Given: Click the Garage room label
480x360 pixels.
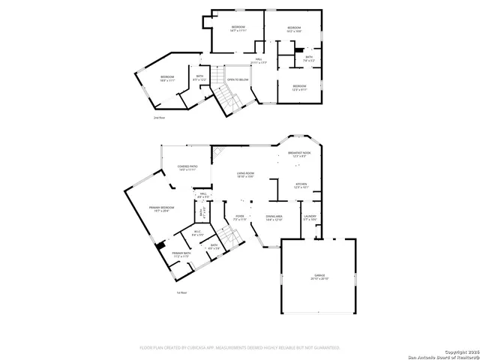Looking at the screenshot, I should click(319, 277).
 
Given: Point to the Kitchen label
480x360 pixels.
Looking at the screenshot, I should click(300, 185).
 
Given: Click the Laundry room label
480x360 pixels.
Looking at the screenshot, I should click(310, 218).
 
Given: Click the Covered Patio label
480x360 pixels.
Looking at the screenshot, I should click(187, 168).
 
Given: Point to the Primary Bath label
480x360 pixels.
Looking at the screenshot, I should click(181, 255).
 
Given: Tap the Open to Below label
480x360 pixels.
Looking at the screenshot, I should click(238, 79).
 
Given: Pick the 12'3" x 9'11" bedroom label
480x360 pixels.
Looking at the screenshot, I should click(298, 88).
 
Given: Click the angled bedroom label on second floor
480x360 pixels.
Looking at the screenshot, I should click(167, 79).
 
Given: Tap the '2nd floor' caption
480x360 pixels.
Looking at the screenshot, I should click(158, 118).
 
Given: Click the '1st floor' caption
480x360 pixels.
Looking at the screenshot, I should click(181, 292).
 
